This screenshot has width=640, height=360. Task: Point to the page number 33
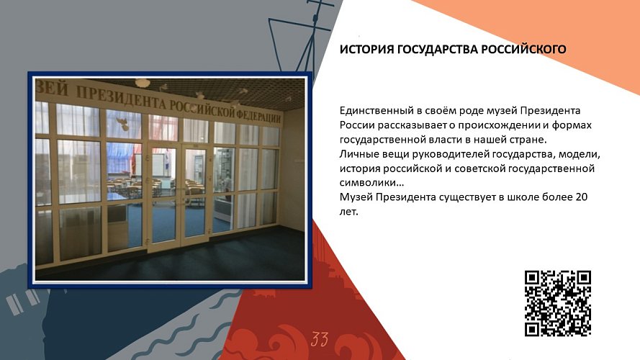pyautogui.click(x=320, y=339)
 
